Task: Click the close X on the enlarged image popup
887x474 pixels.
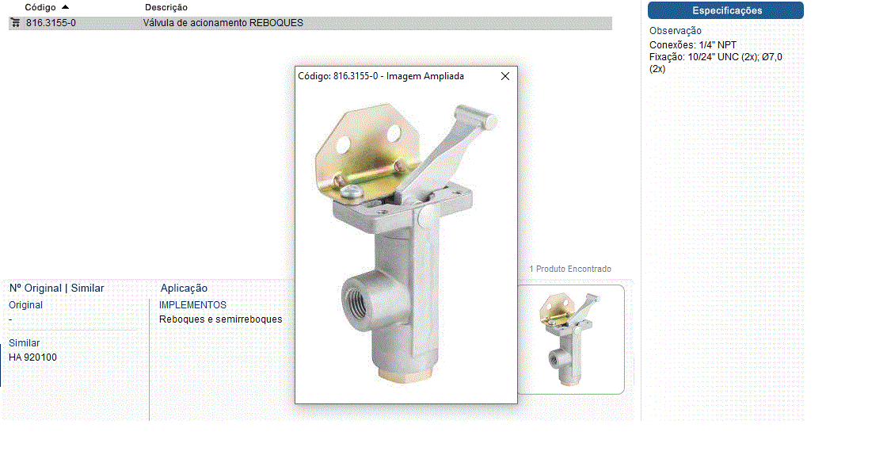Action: [x=505, y=76]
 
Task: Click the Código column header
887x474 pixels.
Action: [x=40, y=7]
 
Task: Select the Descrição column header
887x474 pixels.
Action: [x=166, y=7]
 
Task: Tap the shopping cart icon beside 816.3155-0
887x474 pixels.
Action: [x=15, y=23]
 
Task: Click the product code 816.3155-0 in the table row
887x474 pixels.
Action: [x=51, y=23]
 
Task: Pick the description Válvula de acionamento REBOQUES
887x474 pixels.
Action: [x=223, y=23]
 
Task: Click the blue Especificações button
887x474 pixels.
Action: [x=725, y=10]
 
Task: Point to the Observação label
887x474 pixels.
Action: [x=675, y=31]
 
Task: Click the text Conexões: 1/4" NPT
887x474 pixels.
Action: [x=692, y=44]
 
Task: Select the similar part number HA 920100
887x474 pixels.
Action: [x=32, y=357]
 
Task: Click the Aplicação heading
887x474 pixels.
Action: [x=184, y=289]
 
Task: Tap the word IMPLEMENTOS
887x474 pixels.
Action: [x=192, y=304]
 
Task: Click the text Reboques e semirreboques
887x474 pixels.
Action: [x=221, y=319]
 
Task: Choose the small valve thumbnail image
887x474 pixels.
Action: [x=571, y=339]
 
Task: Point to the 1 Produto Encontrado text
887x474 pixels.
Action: [x=570, y=269]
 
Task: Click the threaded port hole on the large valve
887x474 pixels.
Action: [x=358, y=297]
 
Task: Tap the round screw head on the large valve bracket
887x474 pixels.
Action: [x=352, y=191]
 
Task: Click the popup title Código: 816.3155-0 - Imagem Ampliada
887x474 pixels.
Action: [x=381, y=76]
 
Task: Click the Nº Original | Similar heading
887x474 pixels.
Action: [x=56, y=289]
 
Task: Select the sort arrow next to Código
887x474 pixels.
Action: [x=65, y=7]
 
